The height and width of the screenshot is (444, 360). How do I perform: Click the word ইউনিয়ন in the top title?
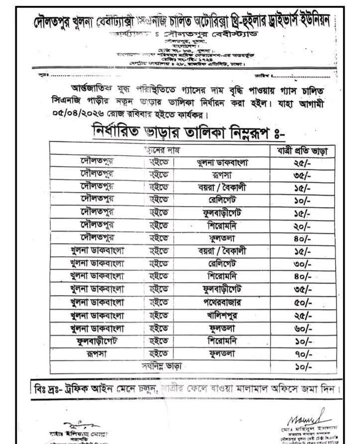[328, 22]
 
